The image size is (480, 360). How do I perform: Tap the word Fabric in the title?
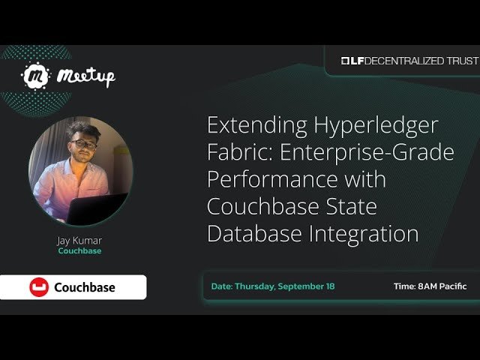coord(236,153)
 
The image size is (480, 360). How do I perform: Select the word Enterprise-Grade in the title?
coord(366,153)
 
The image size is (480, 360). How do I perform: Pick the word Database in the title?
coord(254,234)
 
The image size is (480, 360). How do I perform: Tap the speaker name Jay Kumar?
coord(79,241)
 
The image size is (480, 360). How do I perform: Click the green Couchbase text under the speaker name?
coord(79,251)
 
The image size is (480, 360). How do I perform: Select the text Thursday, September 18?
coord(285,286)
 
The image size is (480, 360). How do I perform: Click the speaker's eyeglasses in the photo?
coord(82,144)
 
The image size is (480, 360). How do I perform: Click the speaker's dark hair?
coord(79,129)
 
